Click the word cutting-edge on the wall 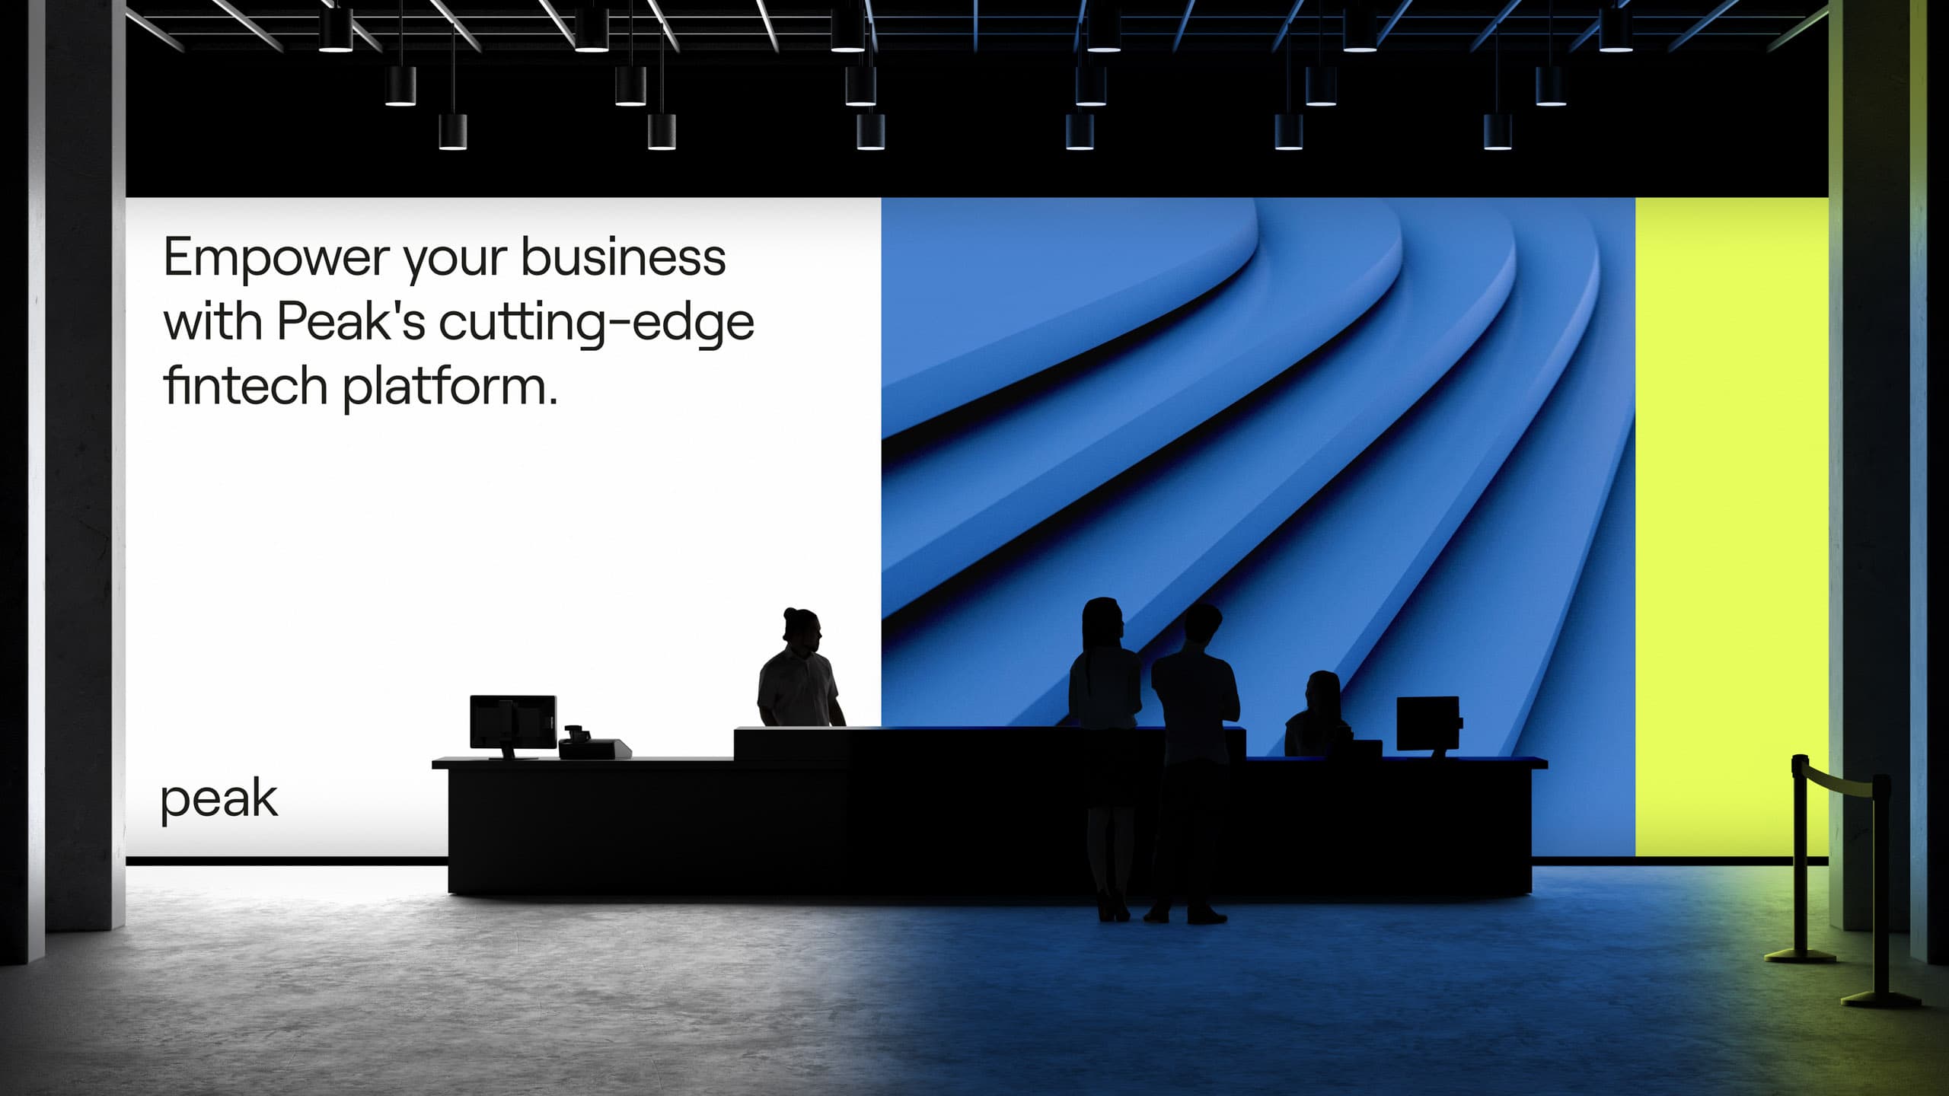click(x=596, y=323)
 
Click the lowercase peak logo click(x=219, y=800)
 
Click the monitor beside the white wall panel click(x=512, y=723)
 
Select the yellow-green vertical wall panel click(x=1731, y=527)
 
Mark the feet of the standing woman click(x=1113, y=909)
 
